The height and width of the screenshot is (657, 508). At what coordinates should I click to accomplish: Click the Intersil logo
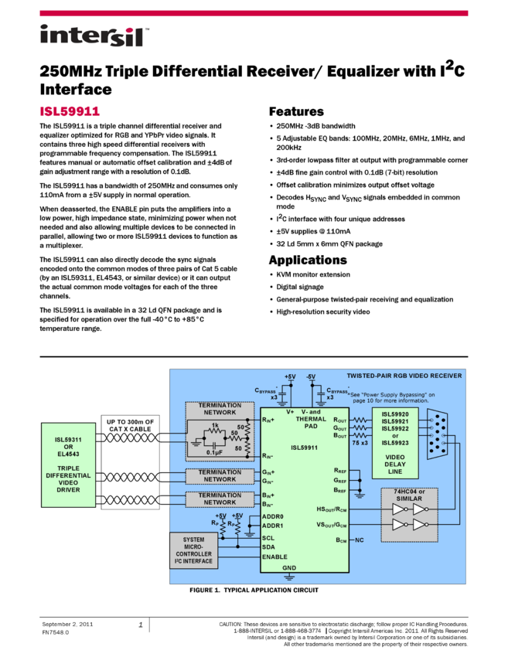95,36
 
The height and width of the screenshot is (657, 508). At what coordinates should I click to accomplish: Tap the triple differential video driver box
67,464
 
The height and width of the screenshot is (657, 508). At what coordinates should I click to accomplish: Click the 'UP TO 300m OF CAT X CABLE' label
130,424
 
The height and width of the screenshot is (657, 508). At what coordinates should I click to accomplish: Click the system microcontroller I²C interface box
193,550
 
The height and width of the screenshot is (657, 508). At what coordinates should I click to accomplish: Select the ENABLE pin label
274,557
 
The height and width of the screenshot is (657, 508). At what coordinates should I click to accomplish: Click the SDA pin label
268,546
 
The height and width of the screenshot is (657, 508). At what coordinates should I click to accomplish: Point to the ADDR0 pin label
273,516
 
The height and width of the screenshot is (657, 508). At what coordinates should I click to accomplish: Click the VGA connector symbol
439,434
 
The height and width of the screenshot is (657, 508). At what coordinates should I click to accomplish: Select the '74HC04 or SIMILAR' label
409,495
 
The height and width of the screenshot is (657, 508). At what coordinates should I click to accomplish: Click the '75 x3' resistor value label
359,443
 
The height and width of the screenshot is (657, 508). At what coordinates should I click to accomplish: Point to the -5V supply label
311,377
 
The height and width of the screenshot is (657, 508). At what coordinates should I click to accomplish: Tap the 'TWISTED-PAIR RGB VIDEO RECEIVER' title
404,376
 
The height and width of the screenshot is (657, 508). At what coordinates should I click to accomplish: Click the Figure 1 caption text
254,590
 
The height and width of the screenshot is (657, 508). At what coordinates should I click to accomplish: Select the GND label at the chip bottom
288,567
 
